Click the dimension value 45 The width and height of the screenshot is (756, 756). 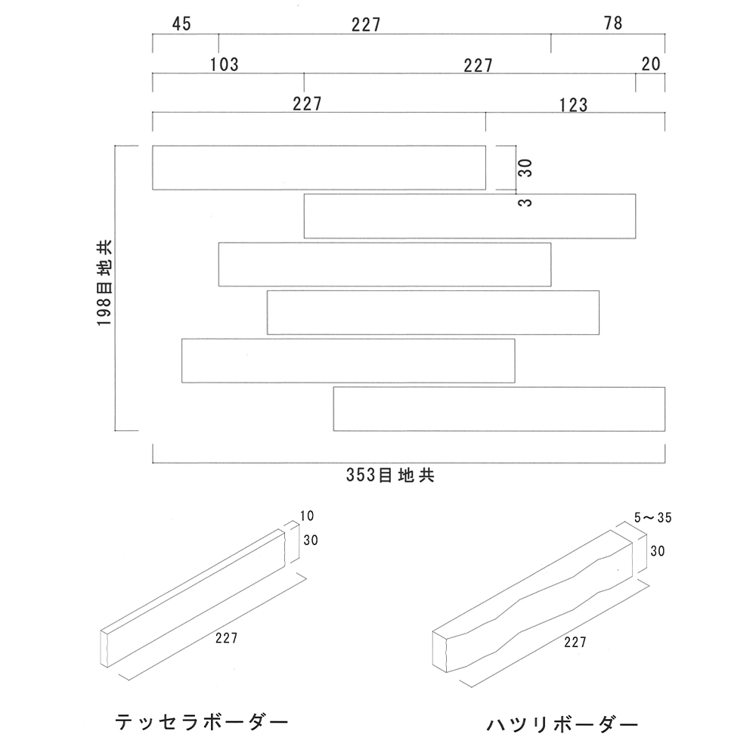pos(181,24)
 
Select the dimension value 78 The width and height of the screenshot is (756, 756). pos(613,23)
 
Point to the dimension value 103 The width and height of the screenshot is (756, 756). pos(225,65)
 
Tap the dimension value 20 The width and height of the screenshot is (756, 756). pos(651,64)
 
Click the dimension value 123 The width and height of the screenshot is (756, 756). pos(574,105)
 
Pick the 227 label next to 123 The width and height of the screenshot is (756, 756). pos(308,104)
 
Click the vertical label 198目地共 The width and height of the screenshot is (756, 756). pos(104,283)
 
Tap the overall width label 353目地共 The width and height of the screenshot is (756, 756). pos(389,476)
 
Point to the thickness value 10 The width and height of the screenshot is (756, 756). pos(306,516)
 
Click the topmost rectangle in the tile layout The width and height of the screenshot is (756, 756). pos(318,167)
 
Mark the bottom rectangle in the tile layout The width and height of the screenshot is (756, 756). pos(499,409)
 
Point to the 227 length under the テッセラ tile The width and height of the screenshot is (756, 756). pos(226,638)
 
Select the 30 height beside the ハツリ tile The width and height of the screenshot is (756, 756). pos(657,552)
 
